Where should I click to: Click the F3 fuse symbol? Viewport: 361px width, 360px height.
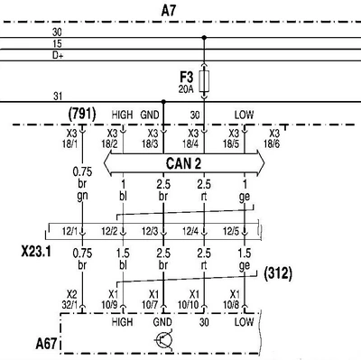coord(205,81)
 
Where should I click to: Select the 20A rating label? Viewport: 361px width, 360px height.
coord(186,89)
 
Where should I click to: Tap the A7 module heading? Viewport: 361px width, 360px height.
coord(169,11)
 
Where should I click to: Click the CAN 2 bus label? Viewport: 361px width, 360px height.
coord(183,164)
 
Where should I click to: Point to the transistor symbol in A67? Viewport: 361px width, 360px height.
coord(164,340)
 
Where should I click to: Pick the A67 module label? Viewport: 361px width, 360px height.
coord(46,344)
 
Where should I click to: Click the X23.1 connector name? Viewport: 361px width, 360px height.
coord(36,252)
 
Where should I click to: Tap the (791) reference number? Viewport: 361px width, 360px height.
coord(82,115)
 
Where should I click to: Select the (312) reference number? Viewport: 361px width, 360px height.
coord(278,273)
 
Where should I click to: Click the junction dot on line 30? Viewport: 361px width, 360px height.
coord(204,38)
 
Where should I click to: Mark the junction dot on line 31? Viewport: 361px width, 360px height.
coord(163,102)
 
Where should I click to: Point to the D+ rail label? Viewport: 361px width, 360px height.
coord(58,55)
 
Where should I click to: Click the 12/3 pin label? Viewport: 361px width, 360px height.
coord(150,231)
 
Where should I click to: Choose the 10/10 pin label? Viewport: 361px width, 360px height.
coord(189,305)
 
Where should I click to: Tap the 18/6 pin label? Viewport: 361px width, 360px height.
coord(272,144)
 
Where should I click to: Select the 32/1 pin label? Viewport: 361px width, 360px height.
coord(69,305)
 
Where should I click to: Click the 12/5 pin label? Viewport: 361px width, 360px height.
coord(231,231)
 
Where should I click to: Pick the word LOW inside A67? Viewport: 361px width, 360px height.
coord(244,322)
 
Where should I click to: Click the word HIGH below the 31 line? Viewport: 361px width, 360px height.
coord(122,115)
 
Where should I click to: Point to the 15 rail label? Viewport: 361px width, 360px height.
coord(57,44)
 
